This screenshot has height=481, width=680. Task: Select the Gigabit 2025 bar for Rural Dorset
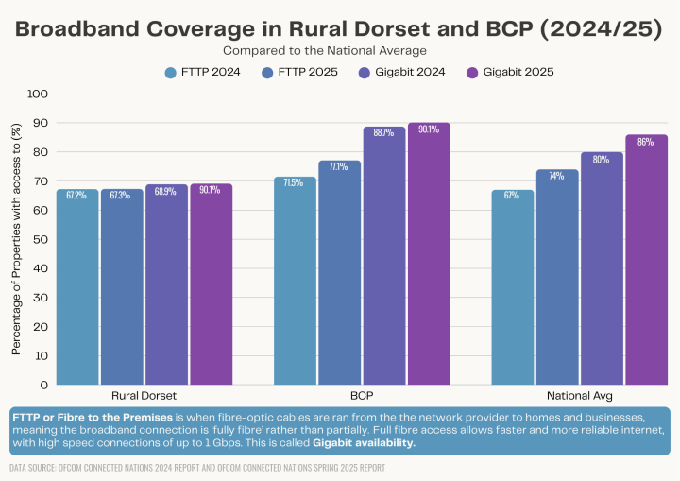point(211,283)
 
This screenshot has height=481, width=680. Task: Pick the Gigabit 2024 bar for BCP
point(383,255)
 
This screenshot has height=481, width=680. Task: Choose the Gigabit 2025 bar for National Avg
point(646,259)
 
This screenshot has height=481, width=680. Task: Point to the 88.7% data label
point(383,133)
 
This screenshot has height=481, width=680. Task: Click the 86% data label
point(646,142)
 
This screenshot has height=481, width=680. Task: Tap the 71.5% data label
point(295,182)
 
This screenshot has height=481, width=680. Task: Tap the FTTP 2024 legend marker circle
point(171,72)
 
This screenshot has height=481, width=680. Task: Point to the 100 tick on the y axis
point(38,94)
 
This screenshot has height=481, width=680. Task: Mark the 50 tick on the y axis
point(41,240)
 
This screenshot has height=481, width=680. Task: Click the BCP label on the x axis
point(361,395)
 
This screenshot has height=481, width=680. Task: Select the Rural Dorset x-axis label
point(144,395)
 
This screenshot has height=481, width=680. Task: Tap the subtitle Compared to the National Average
point(325,49)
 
